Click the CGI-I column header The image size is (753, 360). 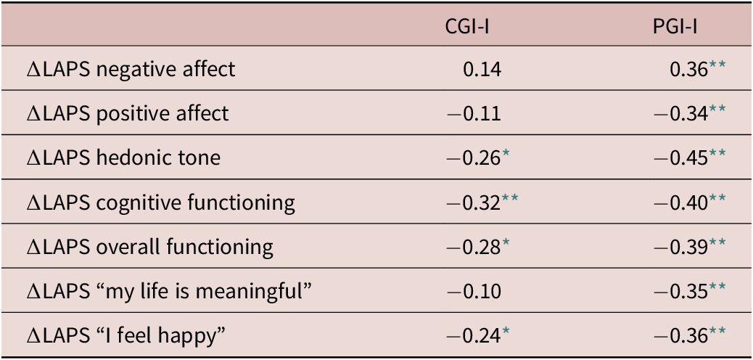coord(472,27)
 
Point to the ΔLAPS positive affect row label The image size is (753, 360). coord(127,113)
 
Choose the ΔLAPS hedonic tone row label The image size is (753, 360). coord(123,157)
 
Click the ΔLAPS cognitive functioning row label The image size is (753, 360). coord(160,202)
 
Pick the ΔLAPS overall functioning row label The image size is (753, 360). coord(149,247)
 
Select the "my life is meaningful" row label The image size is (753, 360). coord(168,291)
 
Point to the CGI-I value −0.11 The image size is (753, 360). coord(472,113)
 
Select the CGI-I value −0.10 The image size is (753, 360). coord(472,291)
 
